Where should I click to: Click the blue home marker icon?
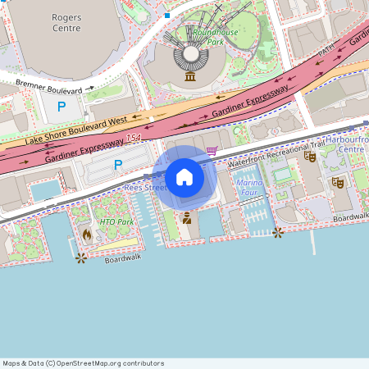pos(184,177)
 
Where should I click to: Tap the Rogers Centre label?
pos(66,22)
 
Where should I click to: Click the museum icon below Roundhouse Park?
pos(190,76)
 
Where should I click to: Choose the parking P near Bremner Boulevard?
pos(61,106)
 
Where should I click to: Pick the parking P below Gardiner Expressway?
pos(118,165)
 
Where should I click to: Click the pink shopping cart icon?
pos(212,150)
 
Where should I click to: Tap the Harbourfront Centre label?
pos(348,144)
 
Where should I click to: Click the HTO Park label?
pos(116,221)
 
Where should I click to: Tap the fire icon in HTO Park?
pos(87,235)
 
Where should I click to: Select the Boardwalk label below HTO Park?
pos(123,258)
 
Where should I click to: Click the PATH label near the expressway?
pos(327,51)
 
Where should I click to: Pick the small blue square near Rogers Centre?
pos(167,15)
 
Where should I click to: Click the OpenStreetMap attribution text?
pos(83,363)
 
